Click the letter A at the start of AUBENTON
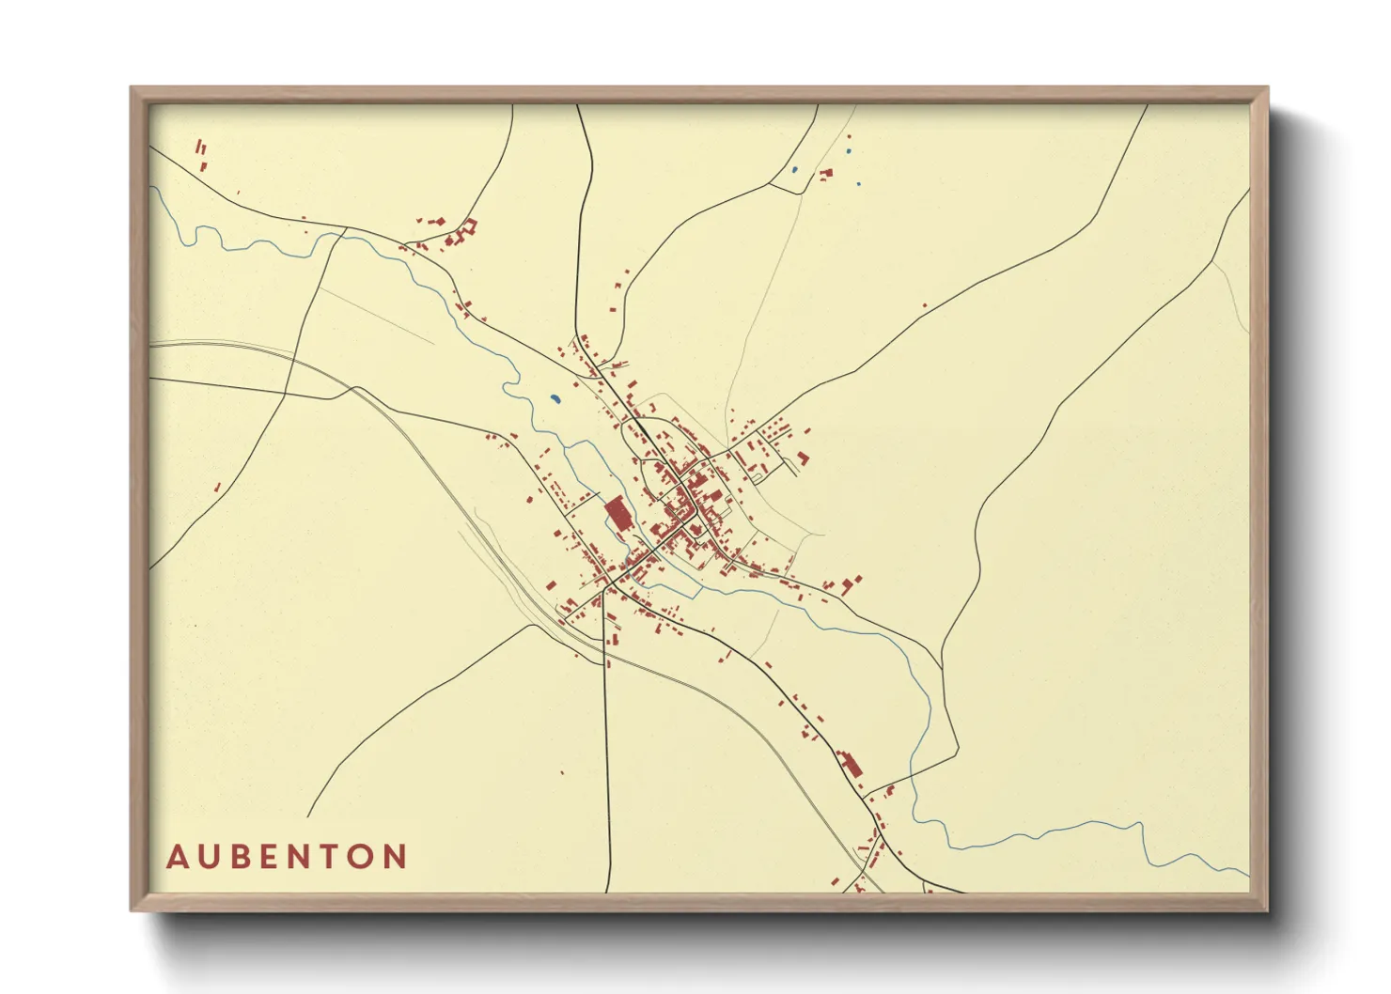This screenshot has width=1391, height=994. (x=177, y=857)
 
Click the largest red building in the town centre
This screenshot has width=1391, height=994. (x=617, y=514)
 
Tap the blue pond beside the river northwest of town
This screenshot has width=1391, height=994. (x=555, y=399)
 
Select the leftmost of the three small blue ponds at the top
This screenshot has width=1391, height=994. (x=794, y=170)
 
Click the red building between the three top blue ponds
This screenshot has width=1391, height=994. (x=827, y=173)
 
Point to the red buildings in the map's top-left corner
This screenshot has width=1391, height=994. (x=201, y=152)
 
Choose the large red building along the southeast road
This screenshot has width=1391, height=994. (x=852, y=763)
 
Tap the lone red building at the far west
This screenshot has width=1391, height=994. (x=218, y=487)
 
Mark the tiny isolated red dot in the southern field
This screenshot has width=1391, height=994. (x=562, y=773)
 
